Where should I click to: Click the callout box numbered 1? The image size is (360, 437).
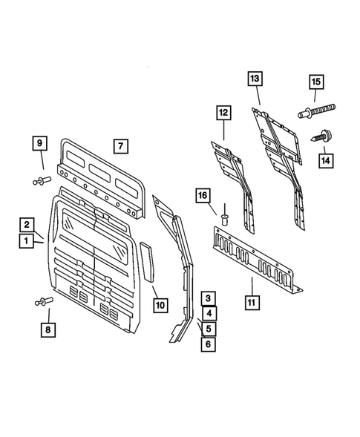point(27,241)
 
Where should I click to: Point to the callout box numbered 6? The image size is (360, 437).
point(210,344)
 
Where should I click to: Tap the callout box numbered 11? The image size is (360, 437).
point(252,303)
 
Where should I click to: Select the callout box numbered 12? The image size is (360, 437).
point(223,113)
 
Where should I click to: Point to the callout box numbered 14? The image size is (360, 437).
point(324,159)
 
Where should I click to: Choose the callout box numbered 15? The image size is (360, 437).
point(315,82)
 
